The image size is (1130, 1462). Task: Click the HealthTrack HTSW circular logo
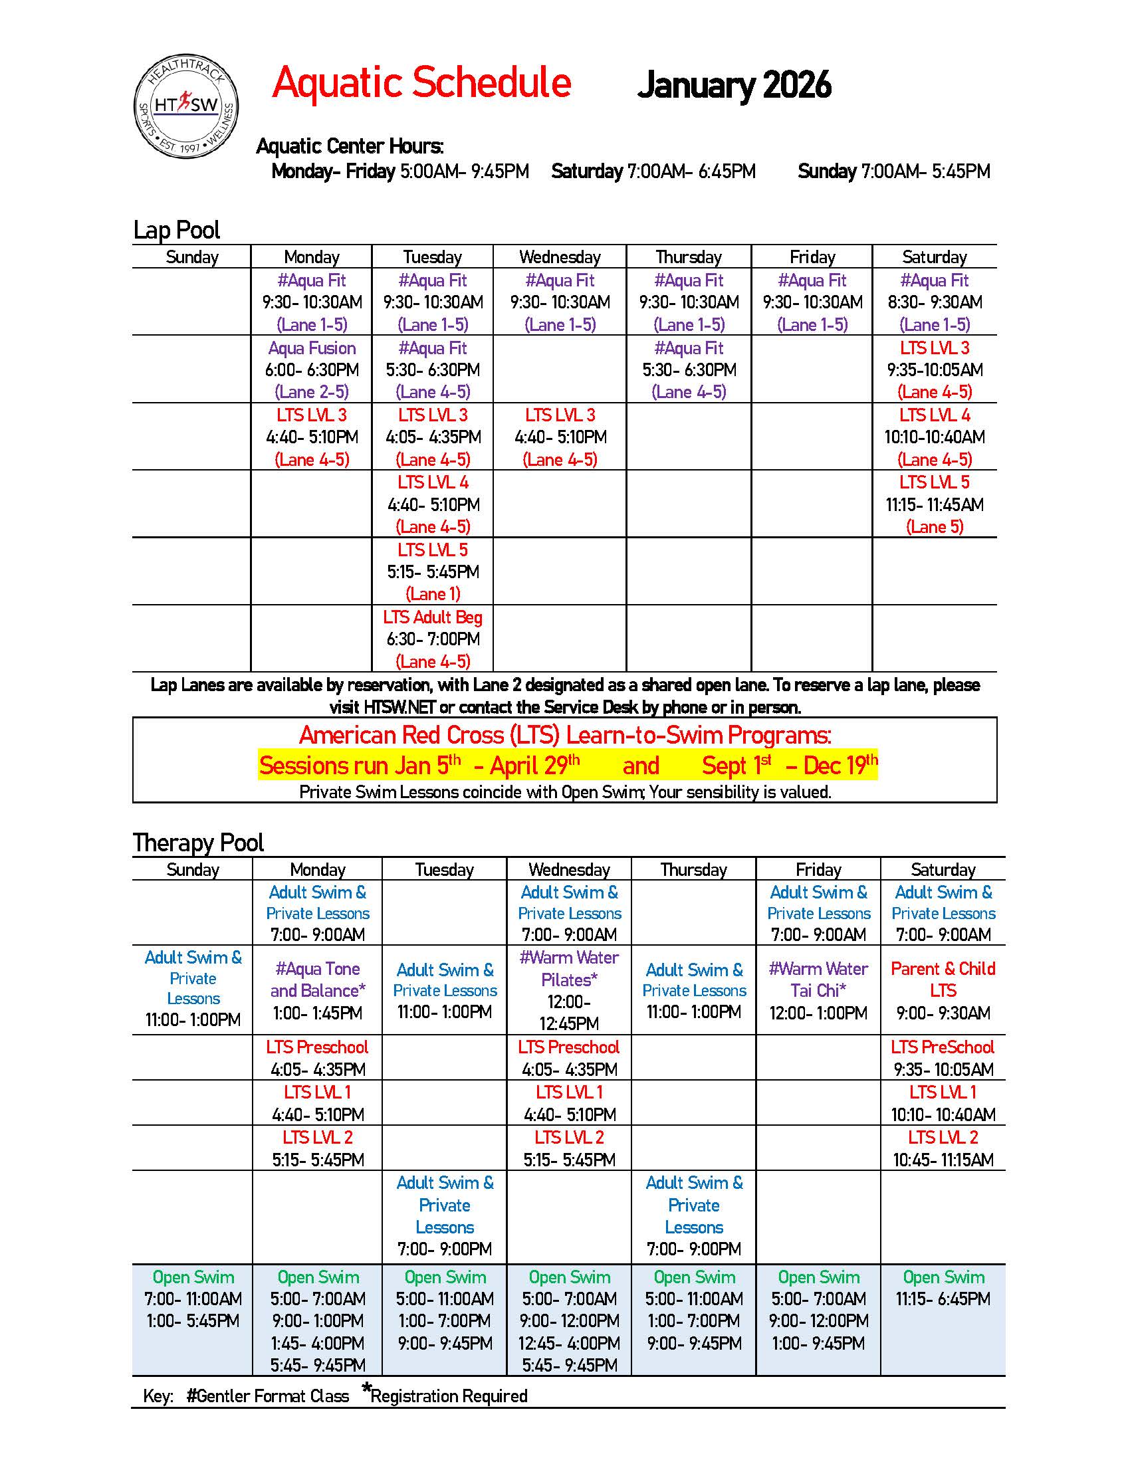tap(186, 106)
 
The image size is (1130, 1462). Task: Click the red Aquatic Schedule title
tap(421, 83)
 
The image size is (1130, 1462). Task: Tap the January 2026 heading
tap(734, 85)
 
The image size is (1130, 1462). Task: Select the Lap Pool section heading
tap(177, 230)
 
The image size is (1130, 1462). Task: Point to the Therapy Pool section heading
tap(198, 842)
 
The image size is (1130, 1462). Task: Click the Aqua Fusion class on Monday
tap(312, 369)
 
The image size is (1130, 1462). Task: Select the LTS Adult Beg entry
tap(433, 639)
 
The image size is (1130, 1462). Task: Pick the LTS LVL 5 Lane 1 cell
tap(433, 572)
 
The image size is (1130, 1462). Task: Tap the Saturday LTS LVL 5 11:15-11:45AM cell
tap(935, 504)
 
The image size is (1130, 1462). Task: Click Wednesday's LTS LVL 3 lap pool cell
tap(560, 437)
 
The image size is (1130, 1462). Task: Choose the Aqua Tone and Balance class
tap(318, 990)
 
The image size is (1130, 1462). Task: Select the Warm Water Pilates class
tap(569, 990)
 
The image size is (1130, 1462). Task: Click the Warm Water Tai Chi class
tap(818, 990)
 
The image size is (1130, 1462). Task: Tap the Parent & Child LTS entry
tap(943, 990)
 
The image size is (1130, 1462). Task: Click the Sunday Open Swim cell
tap(193, 1299)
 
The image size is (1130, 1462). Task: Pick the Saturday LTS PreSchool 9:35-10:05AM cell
tap(943, 1058)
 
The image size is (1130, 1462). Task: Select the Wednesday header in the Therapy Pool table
tap(569, 870)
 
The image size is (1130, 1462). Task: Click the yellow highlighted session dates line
tap(568, 764)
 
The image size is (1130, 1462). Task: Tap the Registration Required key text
tap(447, 1396)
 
